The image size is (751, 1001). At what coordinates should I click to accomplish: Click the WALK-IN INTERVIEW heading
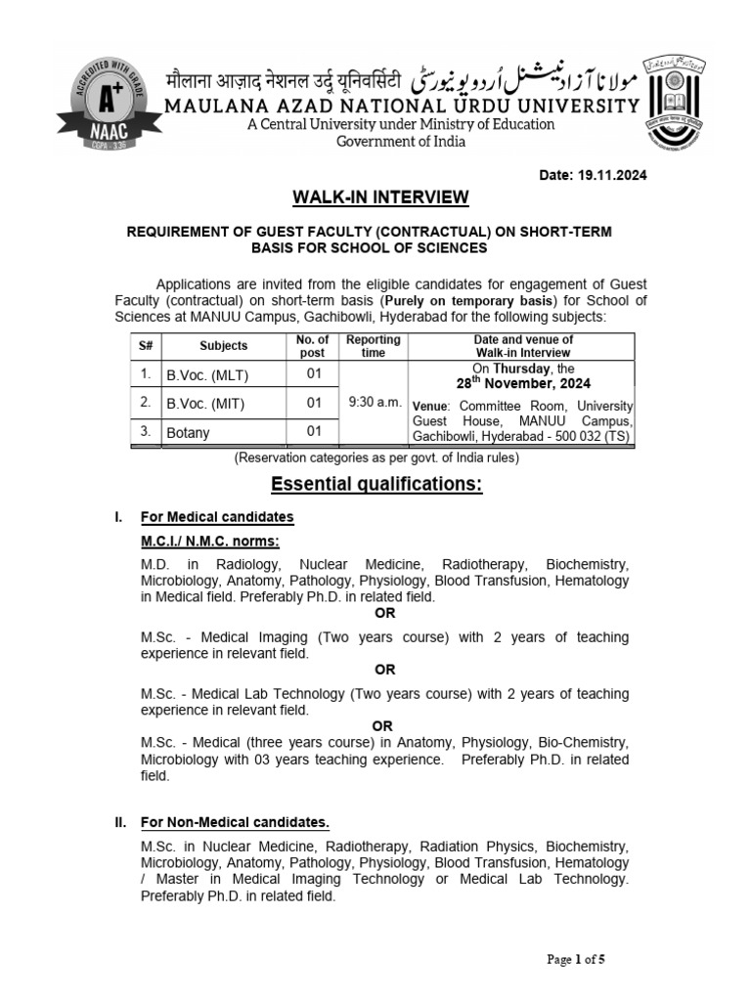(x=381, y=198)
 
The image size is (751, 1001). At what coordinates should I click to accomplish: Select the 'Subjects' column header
(x=224, y=346)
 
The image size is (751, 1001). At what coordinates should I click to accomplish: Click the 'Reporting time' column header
(x=373, y=346)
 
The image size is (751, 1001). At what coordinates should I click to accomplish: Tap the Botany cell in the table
(x=188, y=432)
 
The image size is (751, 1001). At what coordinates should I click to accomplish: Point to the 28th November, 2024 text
(x=523, y=384)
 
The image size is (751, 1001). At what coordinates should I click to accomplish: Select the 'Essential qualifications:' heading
(x=376, y=486)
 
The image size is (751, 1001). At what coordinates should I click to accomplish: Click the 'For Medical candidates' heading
(x=217, y=516)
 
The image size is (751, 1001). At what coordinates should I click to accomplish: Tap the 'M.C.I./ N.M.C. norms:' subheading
(x=210, y=541)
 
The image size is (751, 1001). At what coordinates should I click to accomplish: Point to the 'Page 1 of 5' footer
(x=576, y=959)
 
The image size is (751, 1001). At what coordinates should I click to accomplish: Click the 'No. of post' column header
(x=314, y=346)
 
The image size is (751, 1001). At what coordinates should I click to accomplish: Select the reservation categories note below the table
(x=375, y=457)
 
